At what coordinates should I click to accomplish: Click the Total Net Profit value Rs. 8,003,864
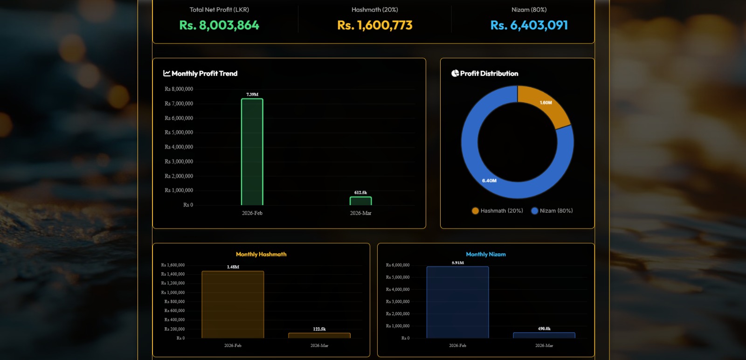pos(219,25)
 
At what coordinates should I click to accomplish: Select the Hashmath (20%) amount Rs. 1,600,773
pos(375,25)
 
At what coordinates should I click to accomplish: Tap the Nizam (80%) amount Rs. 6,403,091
pos(529,25)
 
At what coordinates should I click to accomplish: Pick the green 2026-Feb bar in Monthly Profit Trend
pos(252,152)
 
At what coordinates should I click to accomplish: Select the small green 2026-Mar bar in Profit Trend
pos(361,201)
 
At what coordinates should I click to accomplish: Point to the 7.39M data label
pos(252,94)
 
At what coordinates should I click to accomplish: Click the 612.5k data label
pos(360,193)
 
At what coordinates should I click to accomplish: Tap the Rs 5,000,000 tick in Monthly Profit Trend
pos(179,132)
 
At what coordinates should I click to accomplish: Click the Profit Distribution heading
pos(489,74)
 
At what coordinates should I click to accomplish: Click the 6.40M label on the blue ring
pos(489,180)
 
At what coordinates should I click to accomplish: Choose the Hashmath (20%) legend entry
pos(497,211)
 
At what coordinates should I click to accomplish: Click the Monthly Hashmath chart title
pos(261,254)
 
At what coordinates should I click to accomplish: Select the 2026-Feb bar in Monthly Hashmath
pos(233,305)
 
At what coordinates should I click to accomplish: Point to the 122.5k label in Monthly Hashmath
pos(319,329)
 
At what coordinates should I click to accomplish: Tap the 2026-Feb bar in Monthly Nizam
pos(457,302)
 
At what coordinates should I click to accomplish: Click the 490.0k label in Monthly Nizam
pos(544,329)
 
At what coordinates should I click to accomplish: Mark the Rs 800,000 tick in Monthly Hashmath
pos(174,302)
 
